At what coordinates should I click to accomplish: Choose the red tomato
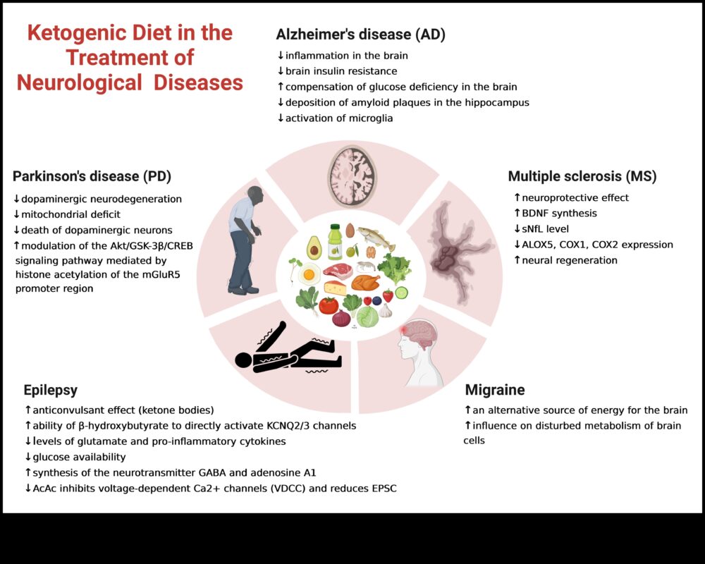point(329,305)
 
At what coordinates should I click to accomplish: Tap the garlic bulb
point(385,310)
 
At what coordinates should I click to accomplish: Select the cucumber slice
point(401,292)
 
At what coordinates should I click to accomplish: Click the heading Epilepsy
point(50,390)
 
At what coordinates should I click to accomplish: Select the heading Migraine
point(495,390)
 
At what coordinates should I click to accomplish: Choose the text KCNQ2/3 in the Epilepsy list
point(305,425)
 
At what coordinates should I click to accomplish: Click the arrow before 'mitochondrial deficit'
point(16,214)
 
